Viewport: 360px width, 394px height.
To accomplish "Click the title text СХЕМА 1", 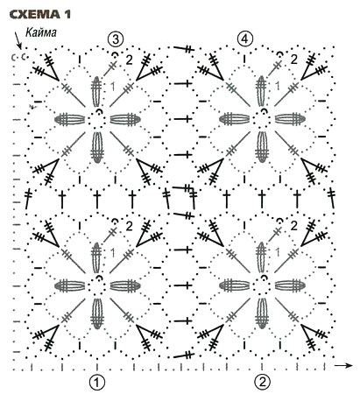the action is pos(40,14).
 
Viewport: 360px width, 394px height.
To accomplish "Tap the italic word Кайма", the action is pos(41,32).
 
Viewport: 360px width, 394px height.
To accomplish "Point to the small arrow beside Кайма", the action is pos(18,41).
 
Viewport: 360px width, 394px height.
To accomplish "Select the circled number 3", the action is pos(116,39).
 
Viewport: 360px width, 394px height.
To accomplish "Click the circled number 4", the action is pos(244,39).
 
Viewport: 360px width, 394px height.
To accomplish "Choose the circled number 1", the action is pos(97,382).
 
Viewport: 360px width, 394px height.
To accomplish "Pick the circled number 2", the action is pos(262,382).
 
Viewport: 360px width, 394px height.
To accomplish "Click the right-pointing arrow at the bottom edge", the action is pos(343,365).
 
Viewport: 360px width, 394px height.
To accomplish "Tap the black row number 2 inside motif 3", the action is pos(129,60).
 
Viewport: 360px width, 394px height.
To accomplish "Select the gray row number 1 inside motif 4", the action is pos(278,86).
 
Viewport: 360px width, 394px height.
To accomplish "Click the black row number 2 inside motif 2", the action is pos(293,226).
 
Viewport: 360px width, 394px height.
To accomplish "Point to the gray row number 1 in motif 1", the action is pos(113,253).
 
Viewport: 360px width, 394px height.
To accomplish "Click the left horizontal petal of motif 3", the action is pos(69,120).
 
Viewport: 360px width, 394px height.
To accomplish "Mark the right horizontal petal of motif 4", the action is pos(290,120).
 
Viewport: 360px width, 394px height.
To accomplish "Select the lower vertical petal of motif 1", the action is pos(97,313).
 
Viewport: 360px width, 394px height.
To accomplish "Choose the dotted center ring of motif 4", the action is pos(261,120).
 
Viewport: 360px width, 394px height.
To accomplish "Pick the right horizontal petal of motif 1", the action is pos(125,285).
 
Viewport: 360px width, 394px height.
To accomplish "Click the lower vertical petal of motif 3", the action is pos(97,147).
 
